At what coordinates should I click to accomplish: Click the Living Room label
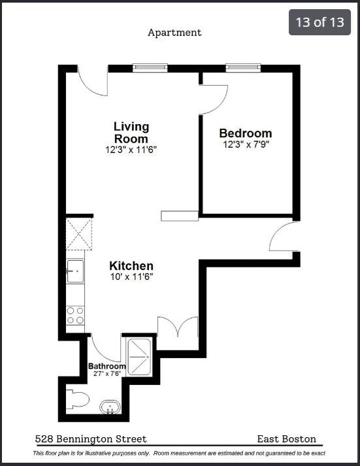131,132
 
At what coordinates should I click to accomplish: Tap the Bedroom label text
245,133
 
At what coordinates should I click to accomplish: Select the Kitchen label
131,266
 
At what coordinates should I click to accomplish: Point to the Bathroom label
106,366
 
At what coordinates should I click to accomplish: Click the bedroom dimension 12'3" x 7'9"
245,145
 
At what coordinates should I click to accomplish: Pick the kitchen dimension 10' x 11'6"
131,277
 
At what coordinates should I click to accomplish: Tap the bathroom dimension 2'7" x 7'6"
106,374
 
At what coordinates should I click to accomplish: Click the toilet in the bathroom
76,399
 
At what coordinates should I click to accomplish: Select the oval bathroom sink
110,408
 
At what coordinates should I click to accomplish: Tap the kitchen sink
75,271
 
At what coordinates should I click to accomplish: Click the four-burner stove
75,316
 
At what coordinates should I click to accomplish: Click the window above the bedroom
243,67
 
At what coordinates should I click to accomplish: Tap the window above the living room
150,67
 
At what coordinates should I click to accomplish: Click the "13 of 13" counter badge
319,22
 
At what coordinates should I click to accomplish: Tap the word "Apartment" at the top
174,32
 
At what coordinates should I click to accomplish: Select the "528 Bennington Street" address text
91,439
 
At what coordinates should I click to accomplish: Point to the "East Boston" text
287,439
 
